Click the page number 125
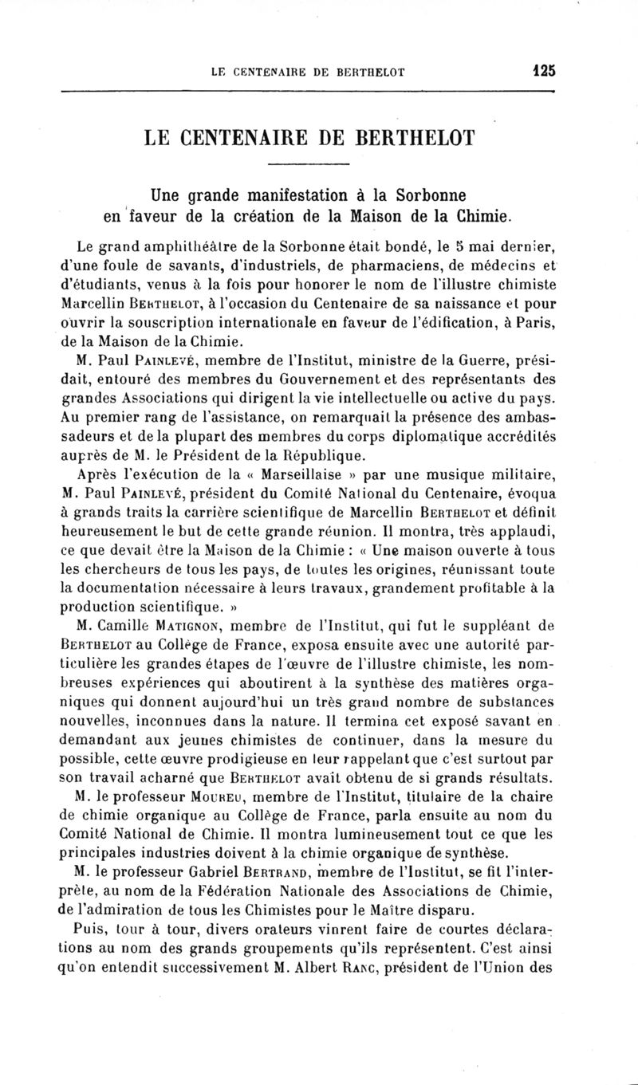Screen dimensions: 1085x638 click(x=544, y=71)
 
